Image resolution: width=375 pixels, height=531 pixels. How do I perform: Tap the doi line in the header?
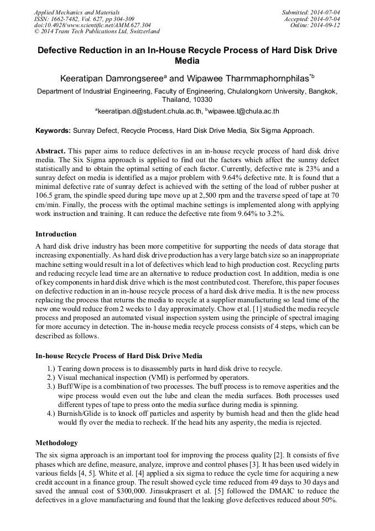tap(92, 25)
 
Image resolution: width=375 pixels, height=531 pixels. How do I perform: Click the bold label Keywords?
tap(53, 131)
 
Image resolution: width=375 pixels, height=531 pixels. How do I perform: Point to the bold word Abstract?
tap(50, 151)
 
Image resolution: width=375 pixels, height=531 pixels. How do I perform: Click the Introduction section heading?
tap(56, 234)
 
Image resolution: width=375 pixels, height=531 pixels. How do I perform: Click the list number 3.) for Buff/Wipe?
tap(51, 386)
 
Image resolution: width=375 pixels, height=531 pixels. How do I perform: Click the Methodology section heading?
tap(56, 443)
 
